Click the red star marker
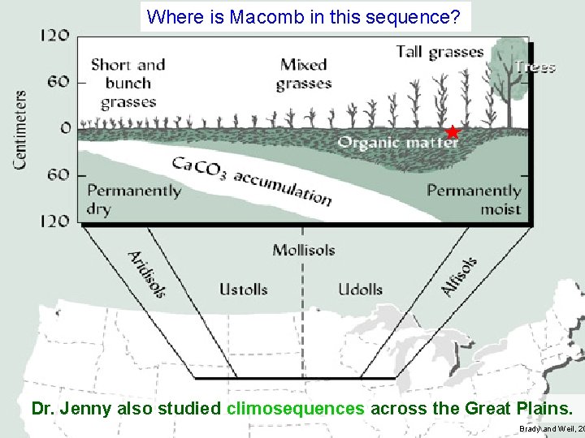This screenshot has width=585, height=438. click(453, 132)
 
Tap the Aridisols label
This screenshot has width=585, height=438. click(147, 273)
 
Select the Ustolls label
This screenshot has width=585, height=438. click(243, 290)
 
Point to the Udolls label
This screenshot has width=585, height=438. click(360, 290)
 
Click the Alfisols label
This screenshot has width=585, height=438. click(459, 277)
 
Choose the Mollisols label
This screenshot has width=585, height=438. click(303, 250)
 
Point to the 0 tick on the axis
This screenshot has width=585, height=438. click(66, 128)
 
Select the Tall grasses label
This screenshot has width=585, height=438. click(440, 52)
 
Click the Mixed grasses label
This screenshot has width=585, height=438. click(304, 74)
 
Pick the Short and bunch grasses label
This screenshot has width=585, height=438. click(128, 84)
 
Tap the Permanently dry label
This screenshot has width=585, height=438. click(134, 200)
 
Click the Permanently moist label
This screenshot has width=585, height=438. click(474, 200)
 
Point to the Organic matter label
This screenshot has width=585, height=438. click(398, 143)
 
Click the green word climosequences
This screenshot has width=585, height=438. click(296, 408)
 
